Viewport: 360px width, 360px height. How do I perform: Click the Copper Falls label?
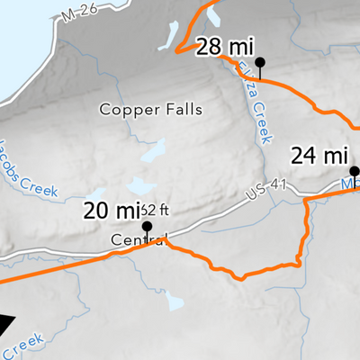point(151,110)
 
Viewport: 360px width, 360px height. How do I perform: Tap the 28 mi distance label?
point(220,47)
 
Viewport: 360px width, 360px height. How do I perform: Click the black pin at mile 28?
point(261,62)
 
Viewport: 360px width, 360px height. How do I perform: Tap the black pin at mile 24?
point(355,171)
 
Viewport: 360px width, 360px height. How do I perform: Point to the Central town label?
point(139,240)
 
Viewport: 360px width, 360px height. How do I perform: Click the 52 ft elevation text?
point(155,209)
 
